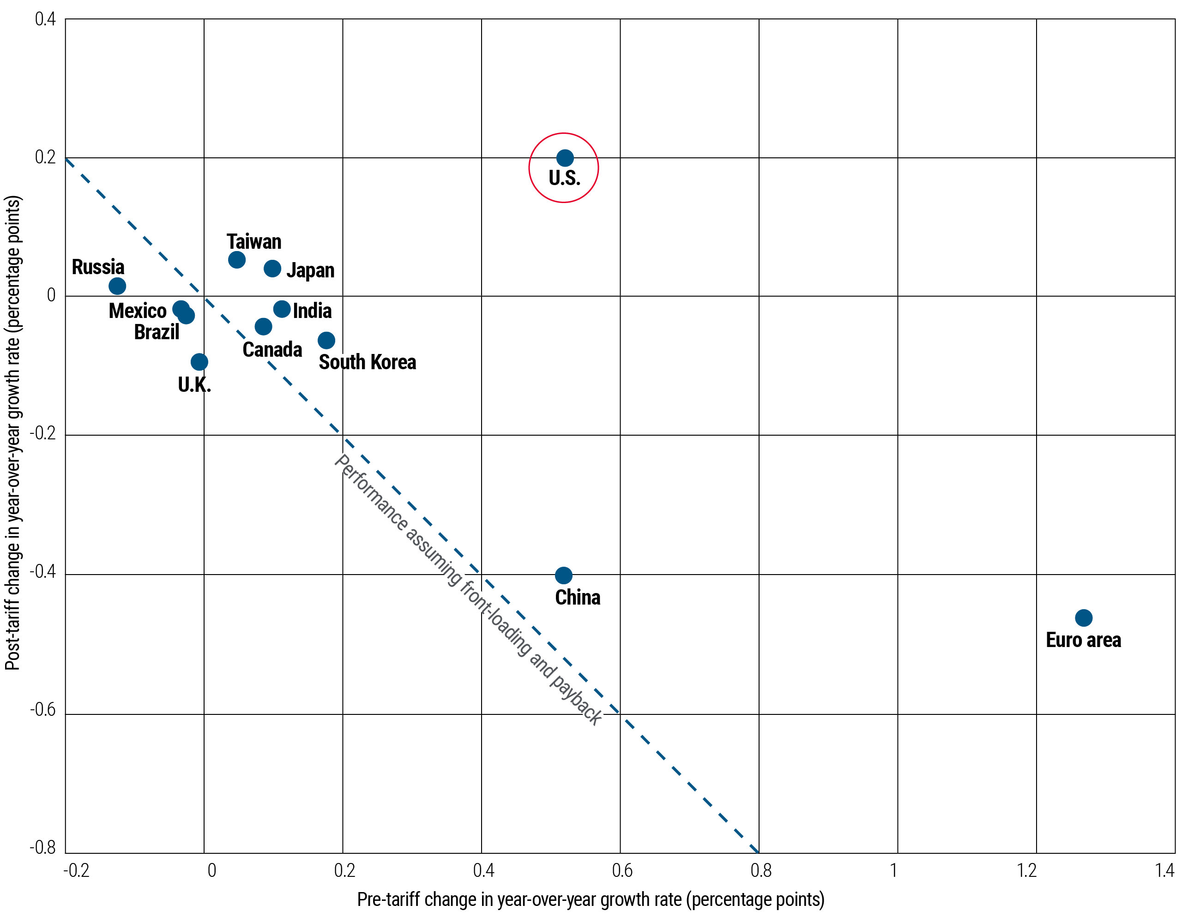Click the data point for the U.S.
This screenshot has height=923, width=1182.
click(x=565, y=158)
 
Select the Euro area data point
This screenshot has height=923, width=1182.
click(x=1084, y=617)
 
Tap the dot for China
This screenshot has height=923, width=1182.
click(x=563, y=575)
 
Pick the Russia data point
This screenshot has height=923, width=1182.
click(x=117, y=286)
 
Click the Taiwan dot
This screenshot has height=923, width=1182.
click(x=236, y=260)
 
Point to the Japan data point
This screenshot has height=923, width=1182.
click(x=272, y=268)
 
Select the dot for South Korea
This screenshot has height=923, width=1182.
click(x=326, y=340)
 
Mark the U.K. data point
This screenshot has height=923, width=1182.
click(x=199, y=361)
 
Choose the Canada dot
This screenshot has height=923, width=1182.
click(x=263, y=326)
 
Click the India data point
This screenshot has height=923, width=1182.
click(x=282, y=309)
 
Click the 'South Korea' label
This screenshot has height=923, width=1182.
click(x=367, y=362)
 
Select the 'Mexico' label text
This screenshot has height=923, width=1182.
click(x=138, y=311)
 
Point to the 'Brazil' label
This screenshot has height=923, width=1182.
click(x=157, y=332)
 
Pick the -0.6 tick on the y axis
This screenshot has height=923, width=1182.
click(x=43, y=709)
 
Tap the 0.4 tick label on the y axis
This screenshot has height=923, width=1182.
click(x=45, y=19)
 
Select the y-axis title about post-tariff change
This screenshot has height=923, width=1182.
click(x=13, y=433)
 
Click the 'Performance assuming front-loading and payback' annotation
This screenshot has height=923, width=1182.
click(x=468, y=589)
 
